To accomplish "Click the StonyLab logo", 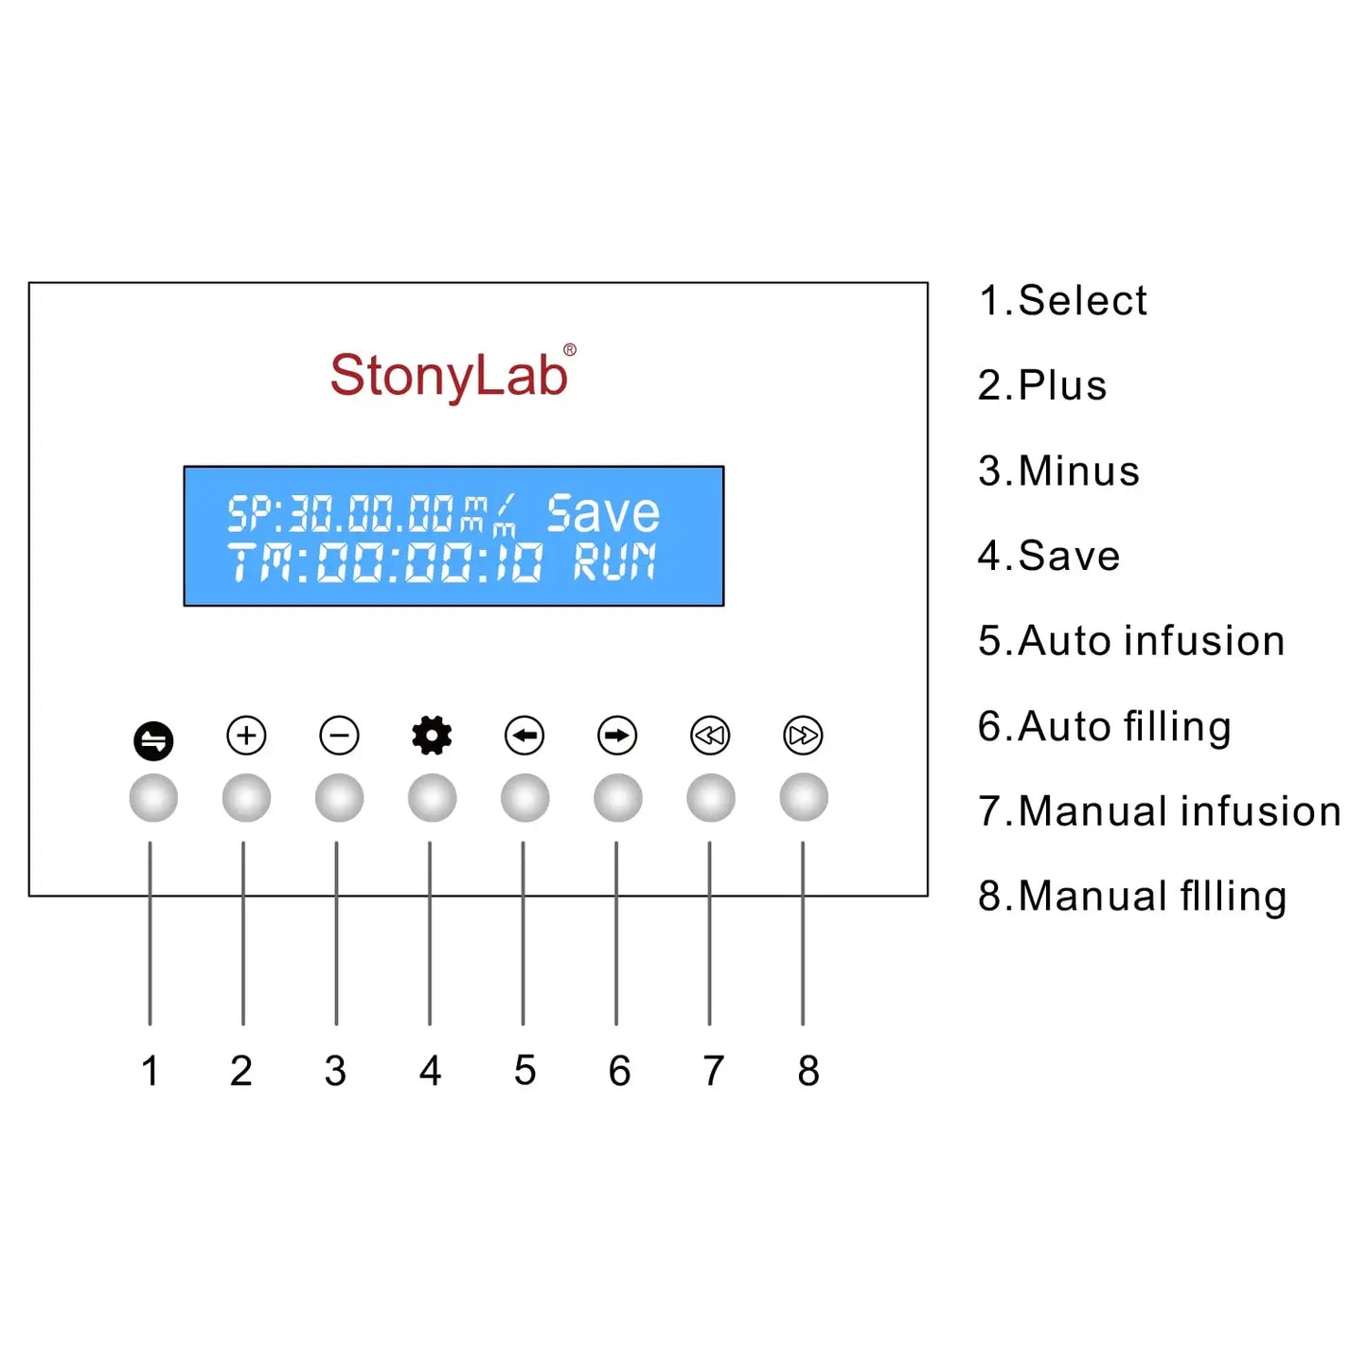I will (x=448, y=375).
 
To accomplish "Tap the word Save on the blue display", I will (x=602, y=514).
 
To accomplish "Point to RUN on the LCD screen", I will (x=614, y=562).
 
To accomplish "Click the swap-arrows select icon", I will (x=153, y=740).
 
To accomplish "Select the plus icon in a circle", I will (x=246, y=736).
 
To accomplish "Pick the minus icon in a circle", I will (x=339, y=736).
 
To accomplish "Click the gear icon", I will (x=432, y=736).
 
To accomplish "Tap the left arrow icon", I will (x=524, y=736).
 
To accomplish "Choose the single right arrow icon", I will (x=617, y=736).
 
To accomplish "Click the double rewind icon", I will (x=710, y=736).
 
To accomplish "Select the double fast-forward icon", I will (x=803, y=736).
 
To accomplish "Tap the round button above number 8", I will (x=804, y=798).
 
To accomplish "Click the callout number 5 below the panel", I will (x=524, y=1071).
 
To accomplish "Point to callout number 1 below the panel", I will (x=150, y=1071).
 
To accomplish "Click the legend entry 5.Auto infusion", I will (x=1131, y=641).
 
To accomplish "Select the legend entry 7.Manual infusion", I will (x=1159, y=811).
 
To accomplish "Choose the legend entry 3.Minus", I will (x=1058, y=471).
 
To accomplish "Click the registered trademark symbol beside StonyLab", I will (x=570, y=350).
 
